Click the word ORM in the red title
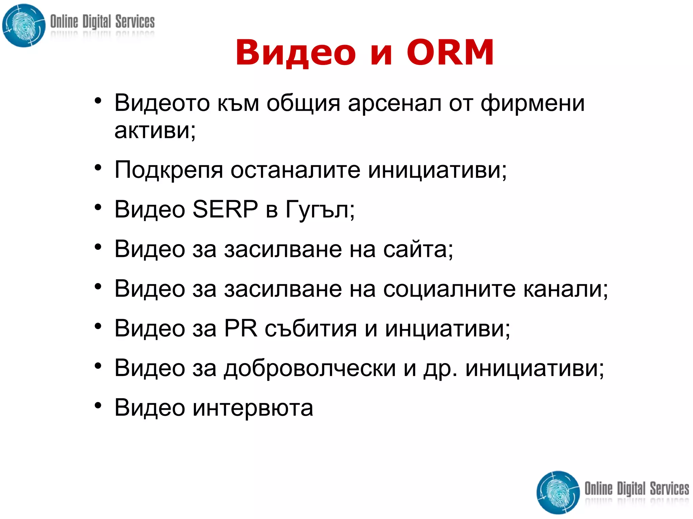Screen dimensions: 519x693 click(450, 52)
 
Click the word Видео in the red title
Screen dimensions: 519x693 click(295, 53)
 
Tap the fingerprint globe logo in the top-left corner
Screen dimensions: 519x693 click(24, 26)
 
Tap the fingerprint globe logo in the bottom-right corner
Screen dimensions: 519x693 click(558, 492)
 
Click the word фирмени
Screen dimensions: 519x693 click(533, 103)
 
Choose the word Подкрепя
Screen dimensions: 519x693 click(169, 170)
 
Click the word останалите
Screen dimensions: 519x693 click(295, 169)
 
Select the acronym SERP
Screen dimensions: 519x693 click(225, 209)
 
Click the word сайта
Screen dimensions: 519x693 click(418, 249)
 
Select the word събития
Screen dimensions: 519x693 click(311, 329)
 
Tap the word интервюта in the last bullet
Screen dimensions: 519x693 click(253, 408)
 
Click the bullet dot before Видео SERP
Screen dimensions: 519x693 click(98, 208)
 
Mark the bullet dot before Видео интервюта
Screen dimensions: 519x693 click(98, 405)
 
